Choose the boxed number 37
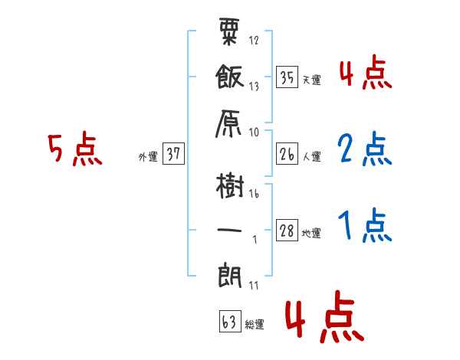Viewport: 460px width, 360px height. tap(173, 154)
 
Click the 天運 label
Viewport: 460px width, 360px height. tap(312, 80)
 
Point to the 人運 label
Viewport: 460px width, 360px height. tap(312, 157)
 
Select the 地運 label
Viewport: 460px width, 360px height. tap(312, 234)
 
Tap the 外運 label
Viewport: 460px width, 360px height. tap(147, 156)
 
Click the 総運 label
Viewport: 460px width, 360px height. tap(255, 325)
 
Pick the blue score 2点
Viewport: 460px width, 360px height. tap(363, 150)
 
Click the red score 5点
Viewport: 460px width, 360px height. tap(75, 150)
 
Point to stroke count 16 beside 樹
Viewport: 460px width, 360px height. tap(253, 195)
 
